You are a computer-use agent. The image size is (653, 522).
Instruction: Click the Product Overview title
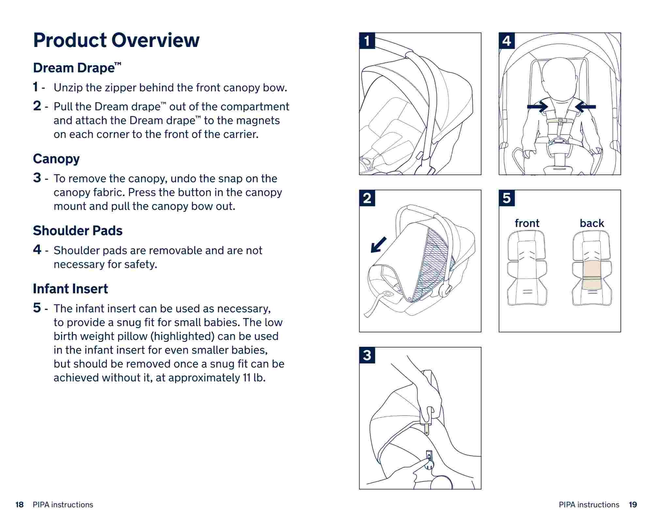tap(116, 40)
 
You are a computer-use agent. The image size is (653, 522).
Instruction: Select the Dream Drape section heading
tap(77, 68)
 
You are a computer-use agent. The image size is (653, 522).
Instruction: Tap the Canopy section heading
tap(56, 159)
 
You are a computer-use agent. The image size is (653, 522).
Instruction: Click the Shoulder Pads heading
tap(78, 231)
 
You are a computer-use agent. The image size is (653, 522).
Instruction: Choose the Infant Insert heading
tap(70, 289)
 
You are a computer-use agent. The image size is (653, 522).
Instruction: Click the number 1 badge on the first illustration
tap(367, 41)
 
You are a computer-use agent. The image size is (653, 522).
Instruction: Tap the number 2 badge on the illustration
tap(367, 198)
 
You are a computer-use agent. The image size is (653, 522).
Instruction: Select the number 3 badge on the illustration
tap(367, 355)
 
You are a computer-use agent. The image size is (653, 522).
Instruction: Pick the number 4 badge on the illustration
tap(507, 41)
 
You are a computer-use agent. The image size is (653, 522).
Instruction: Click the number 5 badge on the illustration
tap(507, 198)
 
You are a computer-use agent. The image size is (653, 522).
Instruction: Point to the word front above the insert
tap(527, 223)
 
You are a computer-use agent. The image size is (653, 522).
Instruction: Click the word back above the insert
tap(592, 223)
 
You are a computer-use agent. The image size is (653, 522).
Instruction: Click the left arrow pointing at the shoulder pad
tap(537, 107)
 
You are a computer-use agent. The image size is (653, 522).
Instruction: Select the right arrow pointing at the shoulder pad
tap(585, 107)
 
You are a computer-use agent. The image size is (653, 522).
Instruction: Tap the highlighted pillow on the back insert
tap(592, 275)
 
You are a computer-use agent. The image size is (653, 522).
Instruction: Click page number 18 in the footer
tap(20, 505)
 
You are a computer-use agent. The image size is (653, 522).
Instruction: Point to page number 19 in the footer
tap(633, 505)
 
